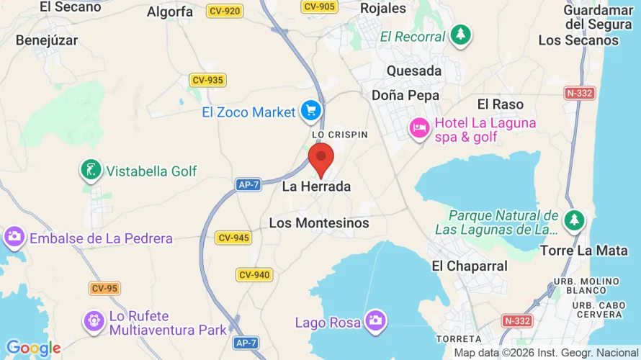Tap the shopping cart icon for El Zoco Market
point(311,111)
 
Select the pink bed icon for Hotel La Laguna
point(419,128)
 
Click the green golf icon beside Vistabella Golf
point(90,171)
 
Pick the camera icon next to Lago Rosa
point(375,321)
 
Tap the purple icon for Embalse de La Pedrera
point(14,237)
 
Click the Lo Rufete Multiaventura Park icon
point(94,321)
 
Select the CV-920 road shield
point(225,12)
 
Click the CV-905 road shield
point(319,6)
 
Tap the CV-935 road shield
point(207,80)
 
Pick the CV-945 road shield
point(233,238)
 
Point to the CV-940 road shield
point(254,274)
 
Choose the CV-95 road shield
point(104,289)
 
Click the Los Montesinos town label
point(319,223)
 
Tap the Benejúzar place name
point(47,40)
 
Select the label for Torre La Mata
point(574,251)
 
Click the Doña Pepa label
point(405,95)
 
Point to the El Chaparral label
point(469,266)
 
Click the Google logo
point(33,348)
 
